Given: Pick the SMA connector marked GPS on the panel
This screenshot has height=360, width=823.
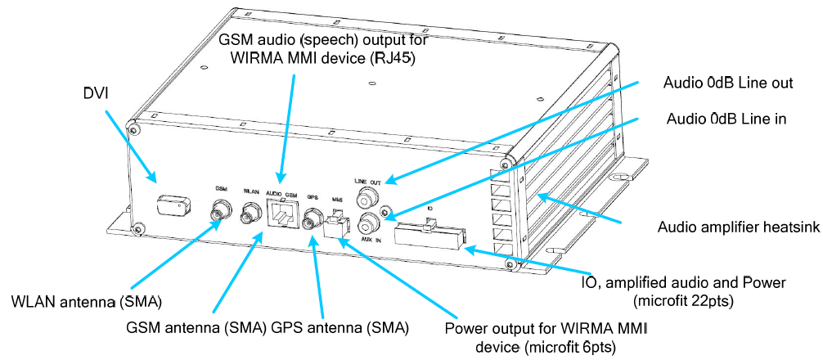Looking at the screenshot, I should tap(312, 218).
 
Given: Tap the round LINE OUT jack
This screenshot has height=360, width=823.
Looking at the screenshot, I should tap(367, 197).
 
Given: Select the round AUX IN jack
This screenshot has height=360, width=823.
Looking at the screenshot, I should tap(368, 222).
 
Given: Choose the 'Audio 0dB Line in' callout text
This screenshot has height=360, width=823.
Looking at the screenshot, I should tap(726, 119).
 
